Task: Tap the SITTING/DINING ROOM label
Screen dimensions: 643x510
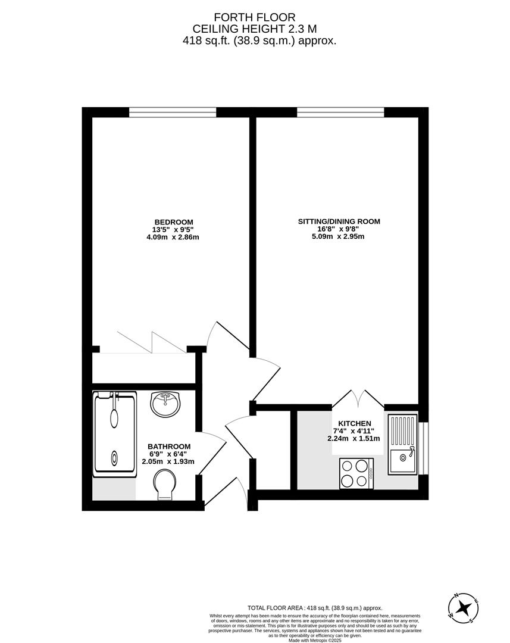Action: [x=339, y=221]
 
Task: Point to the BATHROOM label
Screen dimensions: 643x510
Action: [x=169, y=447]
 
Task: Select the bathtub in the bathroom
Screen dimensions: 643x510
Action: [x=115, y=433]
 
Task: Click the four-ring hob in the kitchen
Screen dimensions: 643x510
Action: [x=356, y=473]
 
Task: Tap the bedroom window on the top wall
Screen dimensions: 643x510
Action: [x=173, y=113]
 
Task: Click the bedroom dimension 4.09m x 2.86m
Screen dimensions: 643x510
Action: [x=172, y=237]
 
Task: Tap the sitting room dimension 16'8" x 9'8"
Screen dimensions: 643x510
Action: [x=339, y=229]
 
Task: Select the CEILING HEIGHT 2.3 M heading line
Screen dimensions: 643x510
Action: [x=254, y=29]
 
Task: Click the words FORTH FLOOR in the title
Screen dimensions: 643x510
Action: [x=254, y=17]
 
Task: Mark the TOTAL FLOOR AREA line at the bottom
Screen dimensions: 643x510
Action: [x=315, y=608]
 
